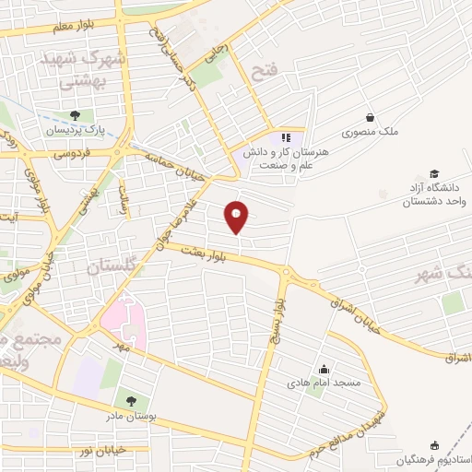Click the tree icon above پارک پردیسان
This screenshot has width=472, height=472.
point(73,115)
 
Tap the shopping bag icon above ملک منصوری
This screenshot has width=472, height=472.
point(370,117)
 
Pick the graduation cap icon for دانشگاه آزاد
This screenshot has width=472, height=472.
point(434,174)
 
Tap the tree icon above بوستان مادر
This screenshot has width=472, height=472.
point(130,401)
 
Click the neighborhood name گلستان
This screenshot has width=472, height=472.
point(112,267)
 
